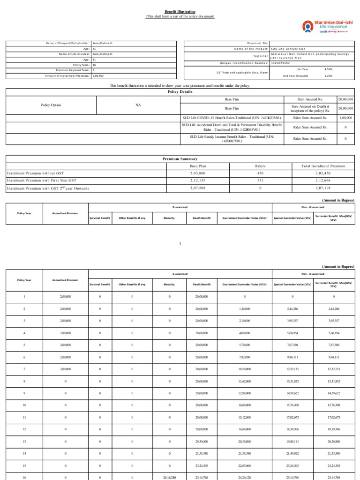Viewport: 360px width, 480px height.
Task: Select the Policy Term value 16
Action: click(94, 65)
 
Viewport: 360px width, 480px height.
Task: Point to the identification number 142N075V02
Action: click(280, 62)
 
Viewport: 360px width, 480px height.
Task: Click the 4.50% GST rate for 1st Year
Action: click(328, 69)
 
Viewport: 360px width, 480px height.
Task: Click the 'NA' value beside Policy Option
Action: click(138, 105)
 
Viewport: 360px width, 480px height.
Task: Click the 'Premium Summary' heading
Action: click(180, 159)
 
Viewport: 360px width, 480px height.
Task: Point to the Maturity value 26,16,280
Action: click(169, 477)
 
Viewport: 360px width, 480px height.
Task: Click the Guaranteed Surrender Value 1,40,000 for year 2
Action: click(244, 309)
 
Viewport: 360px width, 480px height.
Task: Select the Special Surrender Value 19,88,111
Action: click(293, 441)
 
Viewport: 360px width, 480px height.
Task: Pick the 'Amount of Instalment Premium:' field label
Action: click(67, 75)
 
